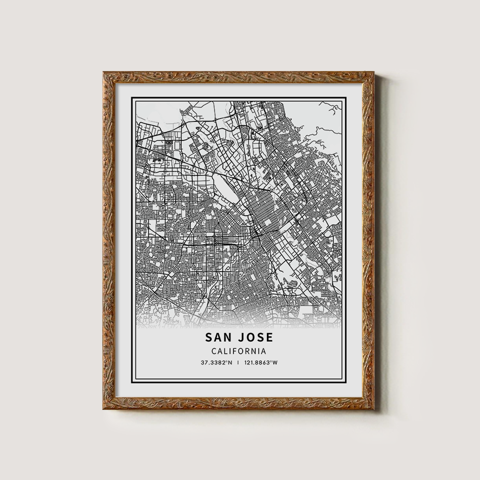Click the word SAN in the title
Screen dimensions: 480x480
coord(219,338)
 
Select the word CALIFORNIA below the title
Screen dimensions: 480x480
coord(239,351)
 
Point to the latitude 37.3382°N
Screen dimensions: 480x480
coord(216,362)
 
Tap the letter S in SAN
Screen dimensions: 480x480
coord(210,338)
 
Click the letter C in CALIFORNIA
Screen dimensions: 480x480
coord(213,351)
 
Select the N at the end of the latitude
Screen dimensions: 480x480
coord(230,362)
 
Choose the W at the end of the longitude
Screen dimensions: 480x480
coord(275,362)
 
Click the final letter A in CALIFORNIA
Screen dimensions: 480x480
coord(264,351)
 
